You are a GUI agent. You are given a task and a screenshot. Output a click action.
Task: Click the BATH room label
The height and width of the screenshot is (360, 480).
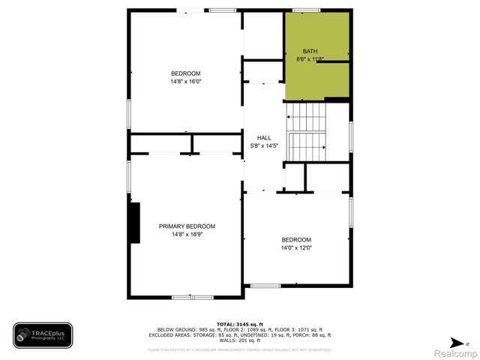point(310,51)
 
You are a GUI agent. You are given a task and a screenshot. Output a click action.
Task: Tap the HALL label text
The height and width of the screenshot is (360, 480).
point(264,138)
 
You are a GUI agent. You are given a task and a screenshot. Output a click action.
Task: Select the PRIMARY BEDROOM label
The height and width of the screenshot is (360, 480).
point(187,226)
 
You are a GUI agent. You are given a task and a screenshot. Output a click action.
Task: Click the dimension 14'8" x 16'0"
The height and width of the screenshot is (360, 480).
point(187,81)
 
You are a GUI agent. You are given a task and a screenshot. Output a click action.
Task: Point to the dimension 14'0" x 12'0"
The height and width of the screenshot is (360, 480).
point(296,247)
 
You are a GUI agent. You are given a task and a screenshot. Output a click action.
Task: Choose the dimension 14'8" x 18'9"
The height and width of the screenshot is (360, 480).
point(187,234)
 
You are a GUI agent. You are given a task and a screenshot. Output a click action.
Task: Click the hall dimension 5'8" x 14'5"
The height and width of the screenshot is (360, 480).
point(264,145)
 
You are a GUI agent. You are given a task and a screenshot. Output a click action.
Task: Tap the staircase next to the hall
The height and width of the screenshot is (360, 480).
point(307,131)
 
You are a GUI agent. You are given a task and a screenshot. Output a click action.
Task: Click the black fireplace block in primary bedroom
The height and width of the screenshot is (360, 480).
point(134,223)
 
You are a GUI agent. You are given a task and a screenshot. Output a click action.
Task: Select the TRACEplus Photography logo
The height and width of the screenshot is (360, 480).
point(43,335)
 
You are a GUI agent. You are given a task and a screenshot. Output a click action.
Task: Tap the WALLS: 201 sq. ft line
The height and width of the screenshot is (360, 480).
point(239,343)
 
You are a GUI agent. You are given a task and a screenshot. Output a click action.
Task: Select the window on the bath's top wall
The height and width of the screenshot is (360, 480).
point(303,10)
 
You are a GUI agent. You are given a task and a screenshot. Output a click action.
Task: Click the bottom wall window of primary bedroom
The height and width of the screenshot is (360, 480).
point(192,298)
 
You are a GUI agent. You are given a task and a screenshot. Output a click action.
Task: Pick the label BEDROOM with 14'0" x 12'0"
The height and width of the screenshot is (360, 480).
point(296,240)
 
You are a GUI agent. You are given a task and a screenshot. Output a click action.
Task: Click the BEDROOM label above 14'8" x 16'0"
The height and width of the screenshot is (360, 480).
point(186,73)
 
